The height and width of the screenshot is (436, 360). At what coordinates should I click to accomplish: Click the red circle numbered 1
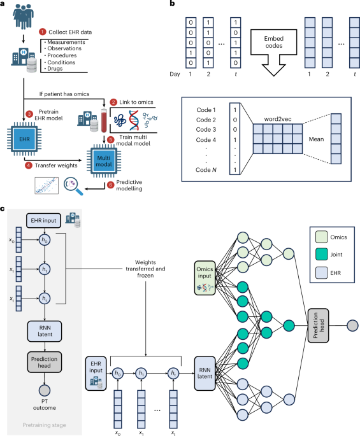[42, 32]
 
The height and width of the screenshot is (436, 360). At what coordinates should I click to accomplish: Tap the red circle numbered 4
[29, 165]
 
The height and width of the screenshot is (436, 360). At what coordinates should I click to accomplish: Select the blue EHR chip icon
[24, 139]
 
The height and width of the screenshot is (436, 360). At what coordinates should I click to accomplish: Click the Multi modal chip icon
[104, 161]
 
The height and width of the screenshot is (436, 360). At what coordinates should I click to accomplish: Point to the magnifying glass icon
[73, 185]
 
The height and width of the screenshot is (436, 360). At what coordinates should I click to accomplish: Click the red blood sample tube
[104, 120]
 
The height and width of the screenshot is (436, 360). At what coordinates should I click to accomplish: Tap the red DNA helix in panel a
[134, 120]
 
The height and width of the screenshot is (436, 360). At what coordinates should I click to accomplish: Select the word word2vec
[278, 119]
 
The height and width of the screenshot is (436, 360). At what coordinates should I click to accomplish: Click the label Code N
[206, 169]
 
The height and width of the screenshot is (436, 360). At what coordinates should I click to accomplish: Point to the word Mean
[316, 139]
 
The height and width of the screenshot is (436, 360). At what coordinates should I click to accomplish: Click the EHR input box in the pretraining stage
[43, 220]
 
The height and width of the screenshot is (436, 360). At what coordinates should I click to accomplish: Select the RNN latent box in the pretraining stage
[45, 331]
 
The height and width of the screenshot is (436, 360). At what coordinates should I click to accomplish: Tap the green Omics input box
[205, 278]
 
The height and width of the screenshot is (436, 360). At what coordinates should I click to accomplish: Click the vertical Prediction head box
[318, 325]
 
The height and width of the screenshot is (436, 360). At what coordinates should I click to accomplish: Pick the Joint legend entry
[329, 255]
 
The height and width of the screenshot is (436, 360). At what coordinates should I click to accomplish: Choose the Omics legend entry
[331, 237]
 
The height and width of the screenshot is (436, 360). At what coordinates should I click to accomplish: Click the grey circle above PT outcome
[45, 390]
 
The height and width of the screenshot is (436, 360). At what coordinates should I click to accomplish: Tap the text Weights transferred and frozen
[145, 269]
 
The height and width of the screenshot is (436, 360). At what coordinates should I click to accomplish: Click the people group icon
[24, 15]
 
